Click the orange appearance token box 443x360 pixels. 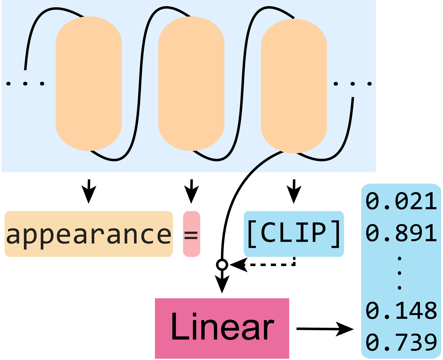[x=89, y=234]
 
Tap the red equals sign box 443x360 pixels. [x=192, y=234]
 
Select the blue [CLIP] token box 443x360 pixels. [x=294, y=234]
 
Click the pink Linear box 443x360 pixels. [x=222, y=328]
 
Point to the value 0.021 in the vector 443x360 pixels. [x=401, y=201]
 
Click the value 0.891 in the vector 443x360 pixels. [x=401, y=233]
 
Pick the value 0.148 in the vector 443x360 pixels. [x=401, y=311]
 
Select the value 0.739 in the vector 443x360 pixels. [x=401, y=342]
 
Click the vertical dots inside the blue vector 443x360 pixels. [x=399, y=273]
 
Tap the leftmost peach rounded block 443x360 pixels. [x=89, y=83]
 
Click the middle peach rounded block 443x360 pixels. [x=191, y=83]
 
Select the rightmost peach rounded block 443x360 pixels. [x=294, y=86]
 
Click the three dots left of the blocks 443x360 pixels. [x=25, y=84]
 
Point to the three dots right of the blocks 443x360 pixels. [x=353, y=84]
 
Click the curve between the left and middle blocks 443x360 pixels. [x=140, y=86]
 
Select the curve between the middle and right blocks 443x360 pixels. [x=242, y=86]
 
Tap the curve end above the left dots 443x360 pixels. [x=25, y=68]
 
